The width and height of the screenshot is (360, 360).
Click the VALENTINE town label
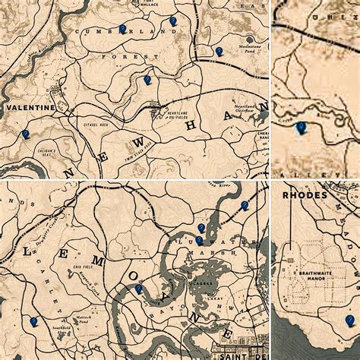pyautogui.click(x=30, y=108)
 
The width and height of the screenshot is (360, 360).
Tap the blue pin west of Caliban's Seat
pyautogui.click(x=25, y=134)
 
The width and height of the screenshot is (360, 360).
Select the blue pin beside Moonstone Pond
pyautogui.click(x=219, y=52)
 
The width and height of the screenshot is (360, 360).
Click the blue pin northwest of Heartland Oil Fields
pyautogui.click(x=147, y=79)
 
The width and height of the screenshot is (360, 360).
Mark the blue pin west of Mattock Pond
pyautogui.click(x=33, y=322)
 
